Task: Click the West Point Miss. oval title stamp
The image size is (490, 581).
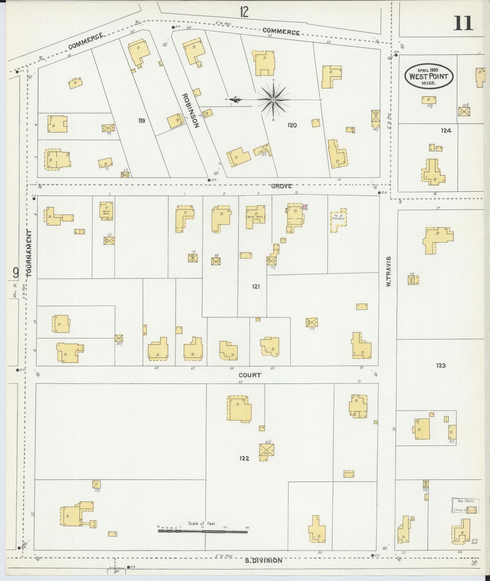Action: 429,76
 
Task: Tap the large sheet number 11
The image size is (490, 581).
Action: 463,23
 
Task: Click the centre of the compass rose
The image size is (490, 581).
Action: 273,100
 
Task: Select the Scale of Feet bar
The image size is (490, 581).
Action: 203,531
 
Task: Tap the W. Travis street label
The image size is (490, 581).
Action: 388,272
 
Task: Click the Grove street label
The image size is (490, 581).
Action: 281,186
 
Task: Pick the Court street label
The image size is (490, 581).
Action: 250,375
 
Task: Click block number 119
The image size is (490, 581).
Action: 141,121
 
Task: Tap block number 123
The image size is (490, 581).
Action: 440,365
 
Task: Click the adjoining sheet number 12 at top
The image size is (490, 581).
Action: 244,12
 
